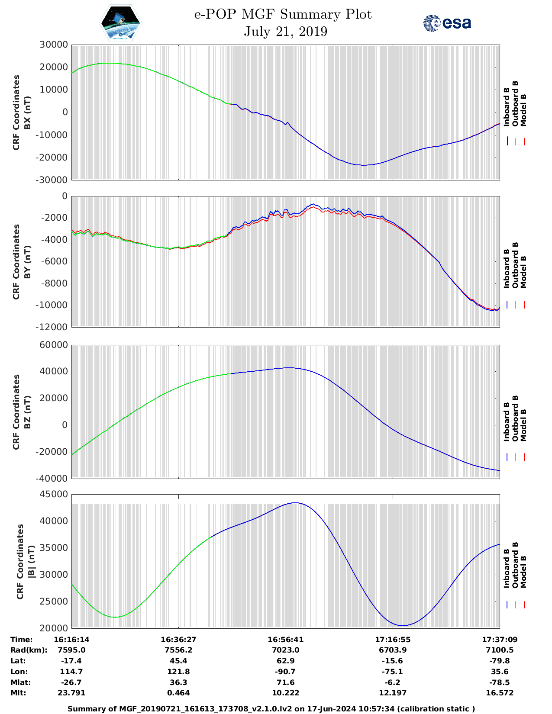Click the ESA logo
point(447,23)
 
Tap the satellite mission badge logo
point(120,23)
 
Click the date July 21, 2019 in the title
point(285,32)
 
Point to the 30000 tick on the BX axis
point(54,45)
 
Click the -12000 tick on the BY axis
point(54,327)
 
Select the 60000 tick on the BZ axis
point(54,345)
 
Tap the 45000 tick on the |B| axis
point(54,494)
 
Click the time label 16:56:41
point(285,640)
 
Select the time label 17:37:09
point(500,640)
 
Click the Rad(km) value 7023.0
point(285,650)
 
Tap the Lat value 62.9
point(285,661)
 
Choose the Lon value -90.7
point(285,672)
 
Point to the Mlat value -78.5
point(500,682)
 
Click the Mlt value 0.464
point(178,693)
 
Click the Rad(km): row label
point(29,650)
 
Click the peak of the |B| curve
point(295,503)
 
